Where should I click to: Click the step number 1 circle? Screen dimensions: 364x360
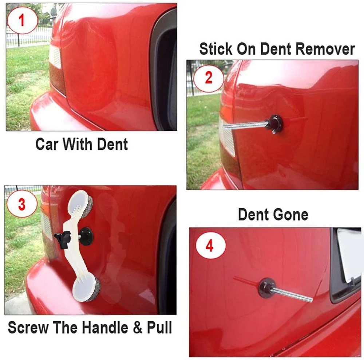tap(22, 20)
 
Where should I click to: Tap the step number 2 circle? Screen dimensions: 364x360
tap(209, 78)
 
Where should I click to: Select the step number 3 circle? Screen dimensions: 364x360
tap(22, 204)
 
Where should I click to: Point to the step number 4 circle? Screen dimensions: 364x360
tap(210, 246)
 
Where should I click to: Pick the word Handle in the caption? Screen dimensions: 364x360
tap(105, 328)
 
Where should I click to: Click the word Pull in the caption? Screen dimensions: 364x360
tap(159, 328)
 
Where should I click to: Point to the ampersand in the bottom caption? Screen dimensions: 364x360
tap(138, 328)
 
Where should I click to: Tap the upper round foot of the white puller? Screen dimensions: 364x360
tap(80, 201)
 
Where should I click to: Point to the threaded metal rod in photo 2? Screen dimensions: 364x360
tap(245, 125)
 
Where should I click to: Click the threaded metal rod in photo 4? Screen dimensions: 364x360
tap(291, 294)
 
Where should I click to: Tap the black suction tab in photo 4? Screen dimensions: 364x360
tap(266, 287)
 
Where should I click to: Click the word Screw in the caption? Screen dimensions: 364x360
tap(28, 328)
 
